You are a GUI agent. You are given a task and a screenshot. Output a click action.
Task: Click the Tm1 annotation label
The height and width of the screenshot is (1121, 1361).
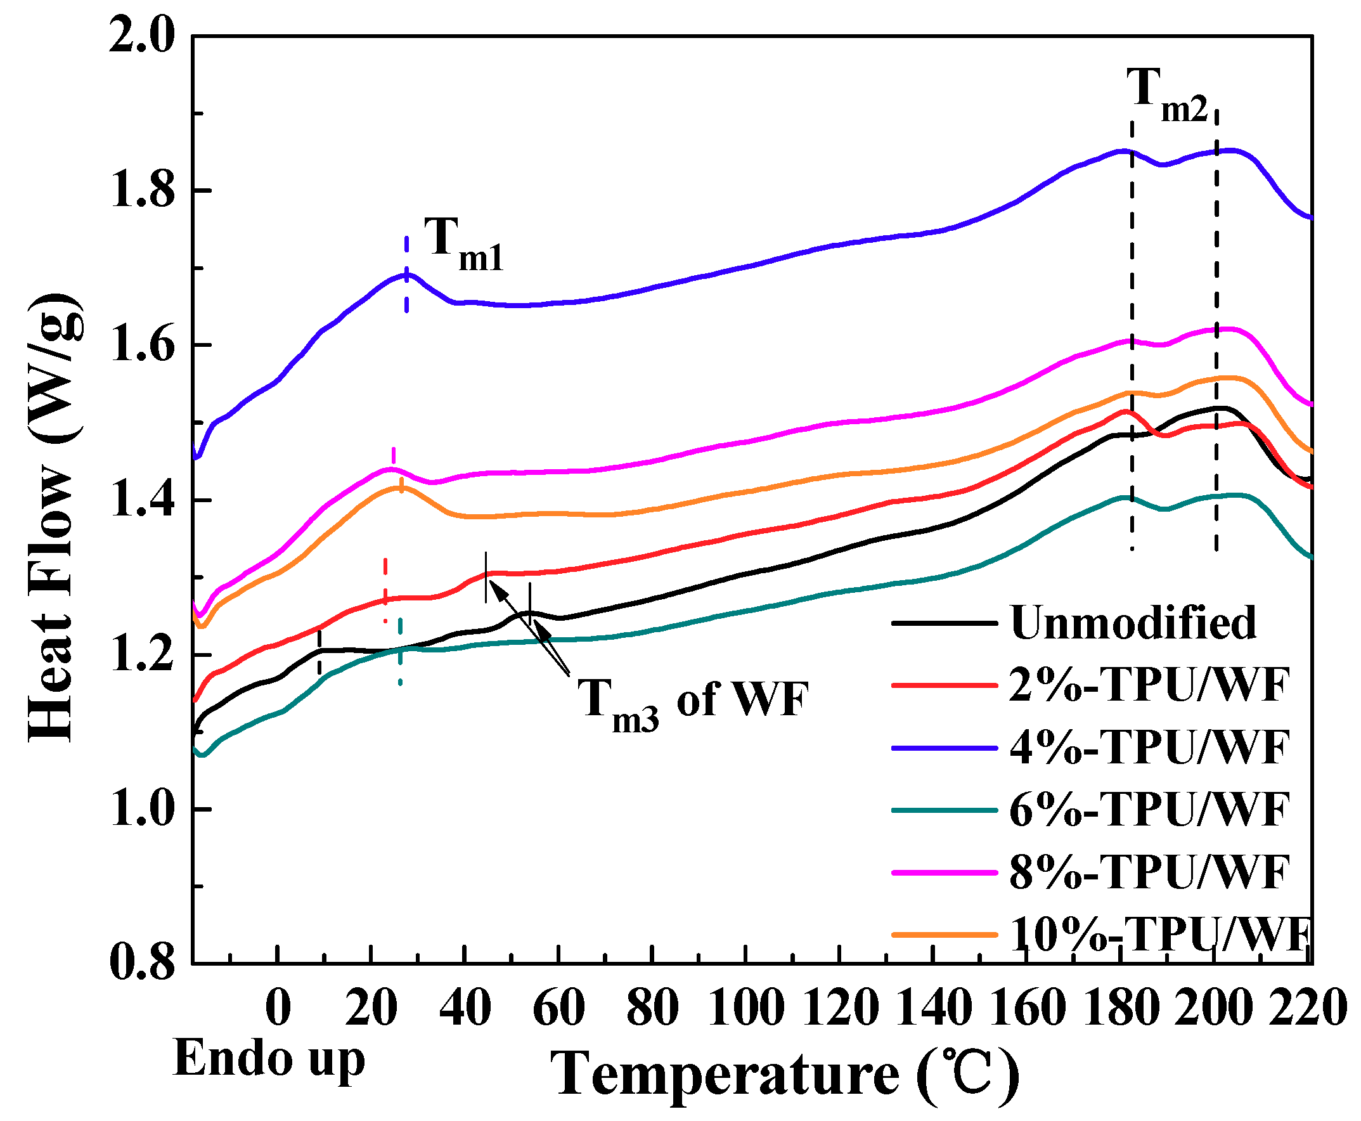click(x=462, y=245)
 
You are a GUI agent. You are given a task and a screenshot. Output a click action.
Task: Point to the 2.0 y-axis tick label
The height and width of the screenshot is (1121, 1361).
click(x=141, y=37)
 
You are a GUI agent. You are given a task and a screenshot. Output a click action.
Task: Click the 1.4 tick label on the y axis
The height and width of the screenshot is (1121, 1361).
click(x=143, y=500)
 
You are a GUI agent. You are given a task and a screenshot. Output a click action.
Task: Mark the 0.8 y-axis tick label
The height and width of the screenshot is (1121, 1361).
click(x=143, y=964)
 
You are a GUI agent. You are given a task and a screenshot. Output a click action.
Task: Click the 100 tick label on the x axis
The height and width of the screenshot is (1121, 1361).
click(x=745, y=1009)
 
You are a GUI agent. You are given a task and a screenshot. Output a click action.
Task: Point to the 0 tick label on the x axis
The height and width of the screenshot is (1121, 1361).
click(x=278, y=1009)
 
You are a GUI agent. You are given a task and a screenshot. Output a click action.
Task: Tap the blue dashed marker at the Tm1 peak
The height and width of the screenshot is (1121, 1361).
click(x=406, y=275)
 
